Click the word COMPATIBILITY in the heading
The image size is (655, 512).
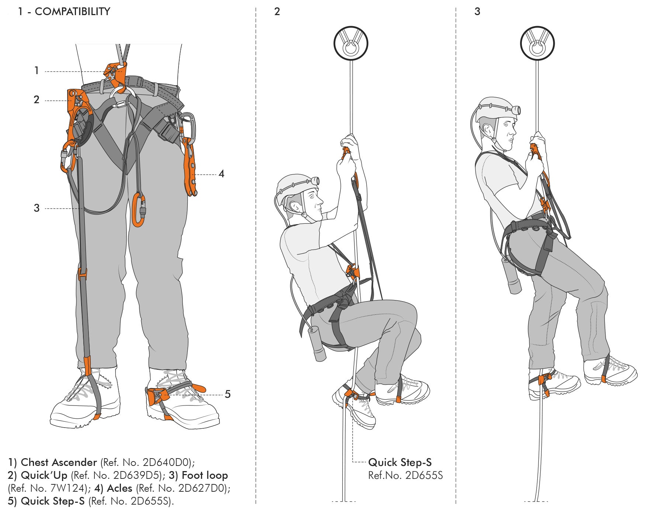(72, 11)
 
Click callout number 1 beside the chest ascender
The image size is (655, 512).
(37, 70)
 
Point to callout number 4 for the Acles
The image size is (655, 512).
(221, 174)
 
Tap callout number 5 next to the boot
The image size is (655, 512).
(228, 394)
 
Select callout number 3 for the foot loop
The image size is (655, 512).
(37, 208)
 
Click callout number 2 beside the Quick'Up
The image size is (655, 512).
(37, 100)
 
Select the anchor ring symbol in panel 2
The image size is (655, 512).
(351, 43)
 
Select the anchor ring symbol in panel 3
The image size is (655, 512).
(537, 43)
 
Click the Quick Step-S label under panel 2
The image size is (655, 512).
(400, 462)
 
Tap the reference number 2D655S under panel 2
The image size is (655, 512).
(424, 476)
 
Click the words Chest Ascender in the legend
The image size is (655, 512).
(59, 462)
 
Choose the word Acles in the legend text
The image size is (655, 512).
(119, 488)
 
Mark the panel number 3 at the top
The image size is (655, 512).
(477, 11)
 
